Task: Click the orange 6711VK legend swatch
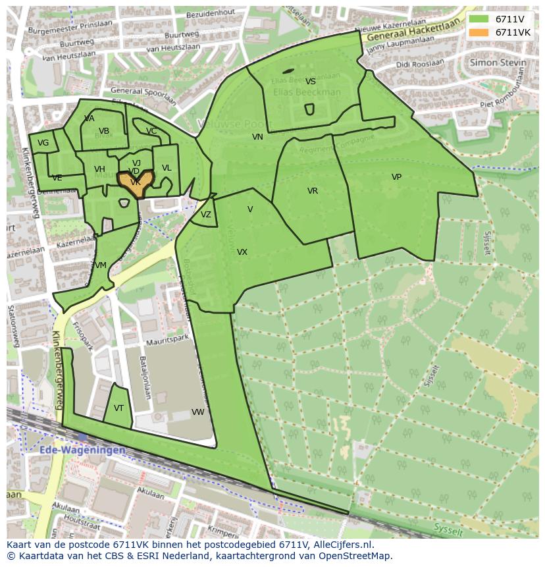(479, 32)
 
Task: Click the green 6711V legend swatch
(479, 19)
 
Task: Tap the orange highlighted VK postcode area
(135, 184)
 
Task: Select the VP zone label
(396, 177)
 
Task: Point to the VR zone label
(313, 191)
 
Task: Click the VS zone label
(311, 82)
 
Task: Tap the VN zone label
(257, 137)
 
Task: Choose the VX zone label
(242, 252)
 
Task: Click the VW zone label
(197, 412)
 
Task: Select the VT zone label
(118, 408)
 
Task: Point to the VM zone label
(100, 265)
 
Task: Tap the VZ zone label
(206, 215)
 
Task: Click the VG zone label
(43, 143)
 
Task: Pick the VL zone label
(167, 168)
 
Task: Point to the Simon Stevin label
(498, 63)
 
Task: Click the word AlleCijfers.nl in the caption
(341, 545)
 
